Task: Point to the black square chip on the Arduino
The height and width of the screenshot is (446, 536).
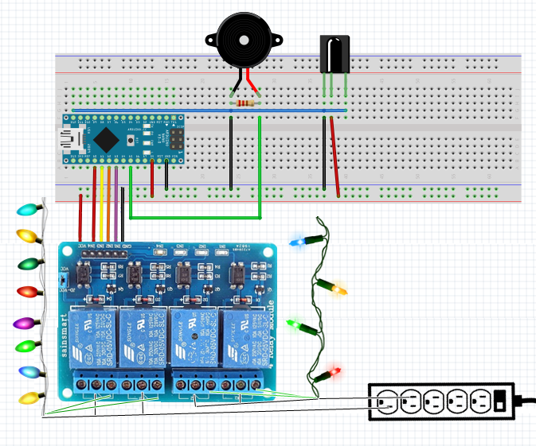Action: [104, 140]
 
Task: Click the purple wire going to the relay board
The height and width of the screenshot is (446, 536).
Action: [116, 203]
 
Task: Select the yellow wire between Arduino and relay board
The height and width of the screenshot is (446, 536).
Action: [102, 203]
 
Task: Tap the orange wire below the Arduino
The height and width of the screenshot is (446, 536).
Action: [109, 203]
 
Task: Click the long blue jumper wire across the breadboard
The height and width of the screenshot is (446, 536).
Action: [207, 111]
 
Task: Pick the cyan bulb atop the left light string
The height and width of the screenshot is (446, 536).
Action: [29, 210]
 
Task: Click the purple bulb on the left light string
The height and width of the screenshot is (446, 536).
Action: [25, 323]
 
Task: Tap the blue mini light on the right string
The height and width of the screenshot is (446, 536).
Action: [299, 240]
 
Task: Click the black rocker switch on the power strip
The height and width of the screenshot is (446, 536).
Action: [499, 401]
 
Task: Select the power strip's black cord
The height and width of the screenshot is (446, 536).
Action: [525, 400]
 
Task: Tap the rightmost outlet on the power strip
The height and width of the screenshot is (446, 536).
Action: [479, 401]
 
